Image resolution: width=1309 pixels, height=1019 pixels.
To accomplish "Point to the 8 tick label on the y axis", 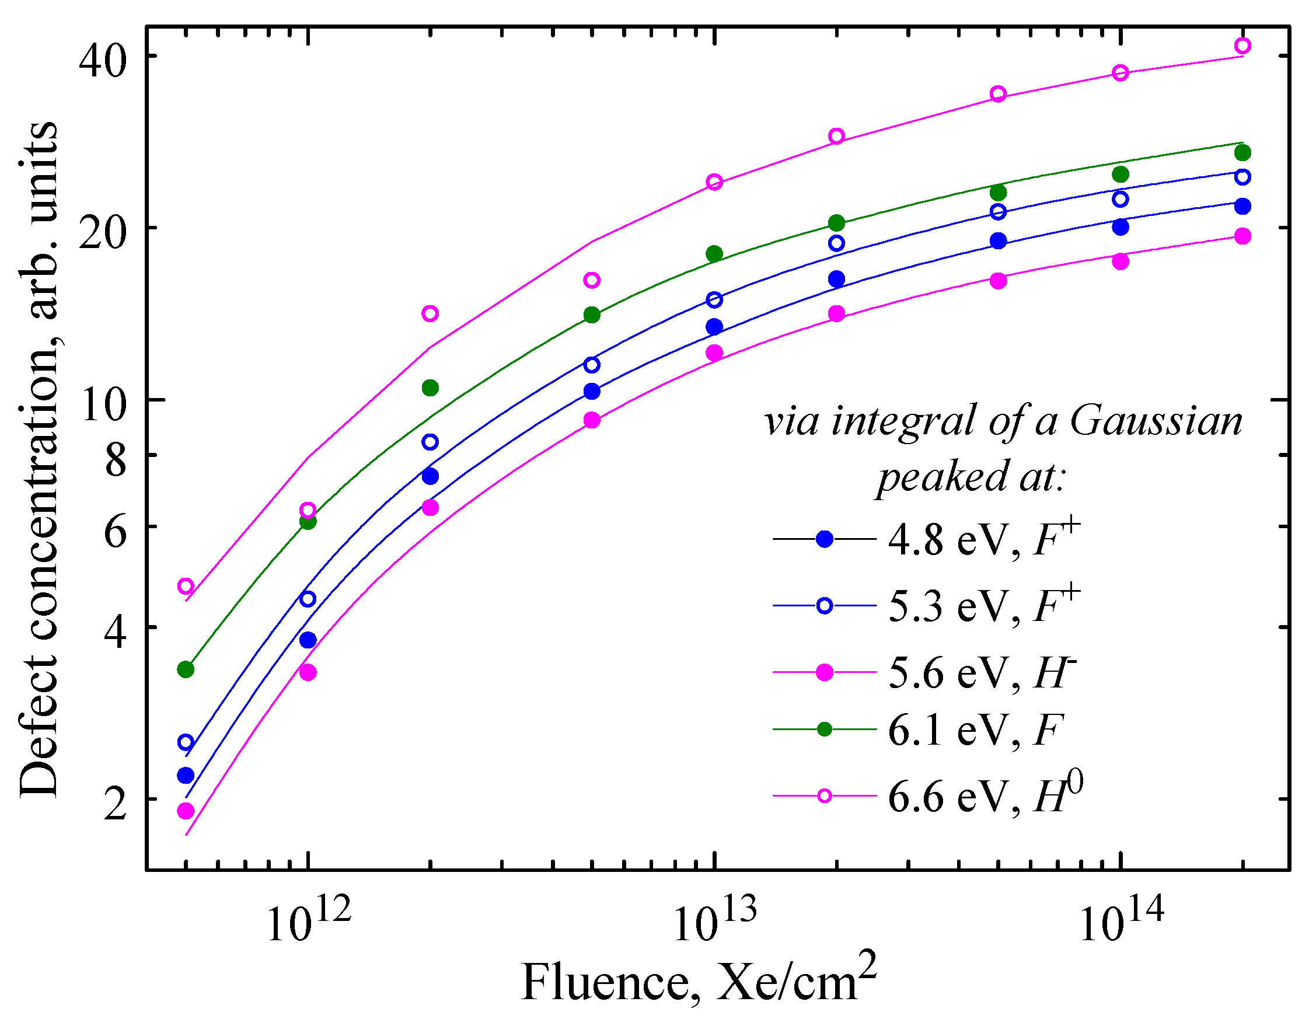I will coord(115,460).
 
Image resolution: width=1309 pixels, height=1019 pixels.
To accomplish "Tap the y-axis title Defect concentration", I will coord(39,459).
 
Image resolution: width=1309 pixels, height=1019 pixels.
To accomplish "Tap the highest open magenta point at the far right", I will coord(1242,46).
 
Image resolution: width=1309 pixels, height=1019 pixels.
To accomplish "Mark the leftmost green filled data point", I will coord(186,669).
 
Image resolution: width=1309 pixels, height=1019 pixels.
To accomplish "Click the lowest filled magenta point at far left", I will coord(186,811).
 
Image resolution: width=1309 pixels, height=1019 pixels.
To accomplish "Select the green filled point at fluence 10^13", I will coord(714,253).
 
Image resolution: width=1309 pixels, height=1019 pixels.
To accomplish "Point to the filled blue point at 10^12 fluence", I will coord(308,640).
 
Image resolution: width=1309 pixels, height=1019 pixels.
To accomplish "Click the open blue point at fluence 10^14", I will coord(1120,199).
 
